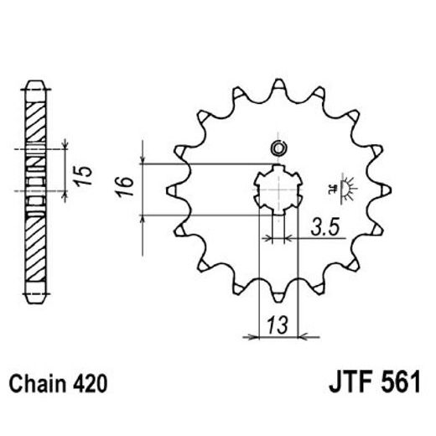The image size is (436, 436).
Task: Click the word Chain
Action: (x=38, y=385)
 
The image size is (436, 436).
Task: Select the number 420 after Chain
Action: (x=89, y=385)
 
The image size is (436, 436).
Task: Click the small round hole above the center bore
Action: (x=278, y=148)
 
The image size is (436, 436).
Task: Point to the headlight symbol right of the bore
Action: (x=342, y=189)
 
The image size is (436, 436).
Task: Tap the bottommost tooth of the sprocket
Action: (x=278, y=297)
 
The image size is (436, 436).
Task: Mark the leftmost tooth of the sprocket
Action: (x=173, y=190)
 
